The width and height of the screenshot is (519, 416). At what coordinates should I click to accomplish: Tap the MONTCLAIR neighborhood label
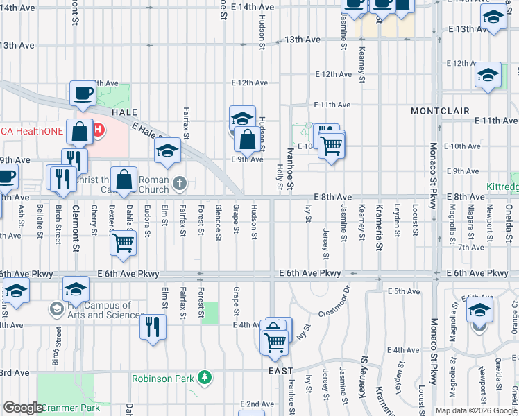[440, 111]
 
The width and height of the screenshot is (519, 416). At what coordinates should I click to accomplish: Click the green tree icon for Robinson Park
[204, 378]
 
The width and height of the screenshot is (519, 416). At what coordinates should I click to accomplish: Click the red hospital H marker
[99, 129]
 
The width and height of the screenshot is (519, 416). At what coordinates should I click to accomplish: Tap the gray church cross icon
[180, 184]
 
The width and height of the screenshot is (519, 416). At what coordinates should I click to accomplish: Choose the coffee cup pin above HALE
[83, 94]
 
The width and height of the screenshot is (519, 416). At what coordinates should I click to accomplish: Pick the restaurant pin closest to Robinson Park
[153, 327]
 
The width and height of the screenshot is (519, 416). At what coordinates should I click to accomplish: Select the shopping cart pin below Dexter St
[123, 243]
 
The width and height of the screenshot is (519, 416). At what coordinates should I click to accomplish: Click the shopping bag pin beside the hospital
[81, 132]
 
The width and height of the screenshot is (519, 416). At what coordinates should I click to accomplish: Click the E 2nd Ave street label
[257, 404]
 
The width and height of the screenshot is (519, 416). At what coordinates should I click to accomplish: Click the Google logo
[24, 408]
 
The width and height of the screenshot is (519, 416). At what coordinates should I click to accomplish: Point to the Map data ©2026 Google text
[477, 410]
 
